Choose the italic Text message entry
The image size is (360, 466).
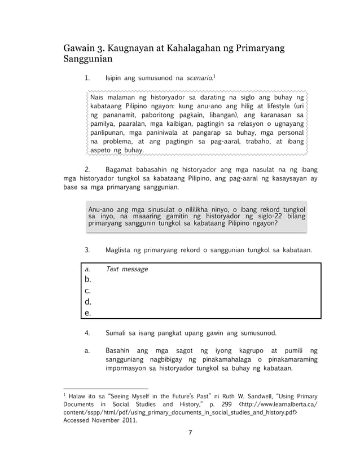coord(126,270)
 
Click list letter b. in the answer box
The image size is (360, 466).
coord(88,280)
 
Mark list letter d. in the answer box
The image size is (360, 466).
coord(88,302)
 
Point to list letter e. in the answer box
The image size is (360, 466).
coord(88,313)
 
